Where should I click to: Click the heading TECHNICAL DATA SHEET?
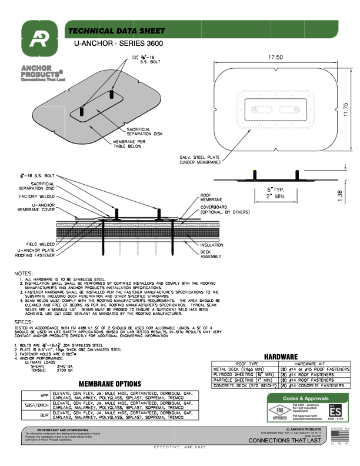click(x=114, y=31)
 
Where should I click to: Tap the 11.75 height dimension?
click(x=346, y=109)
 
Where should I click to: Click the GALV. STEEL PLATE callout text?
click(x=199, y=161)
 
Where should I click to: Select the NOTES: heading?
click(x=24, y=274)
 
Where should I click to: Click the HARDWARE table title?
click(x=284, y=357)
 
